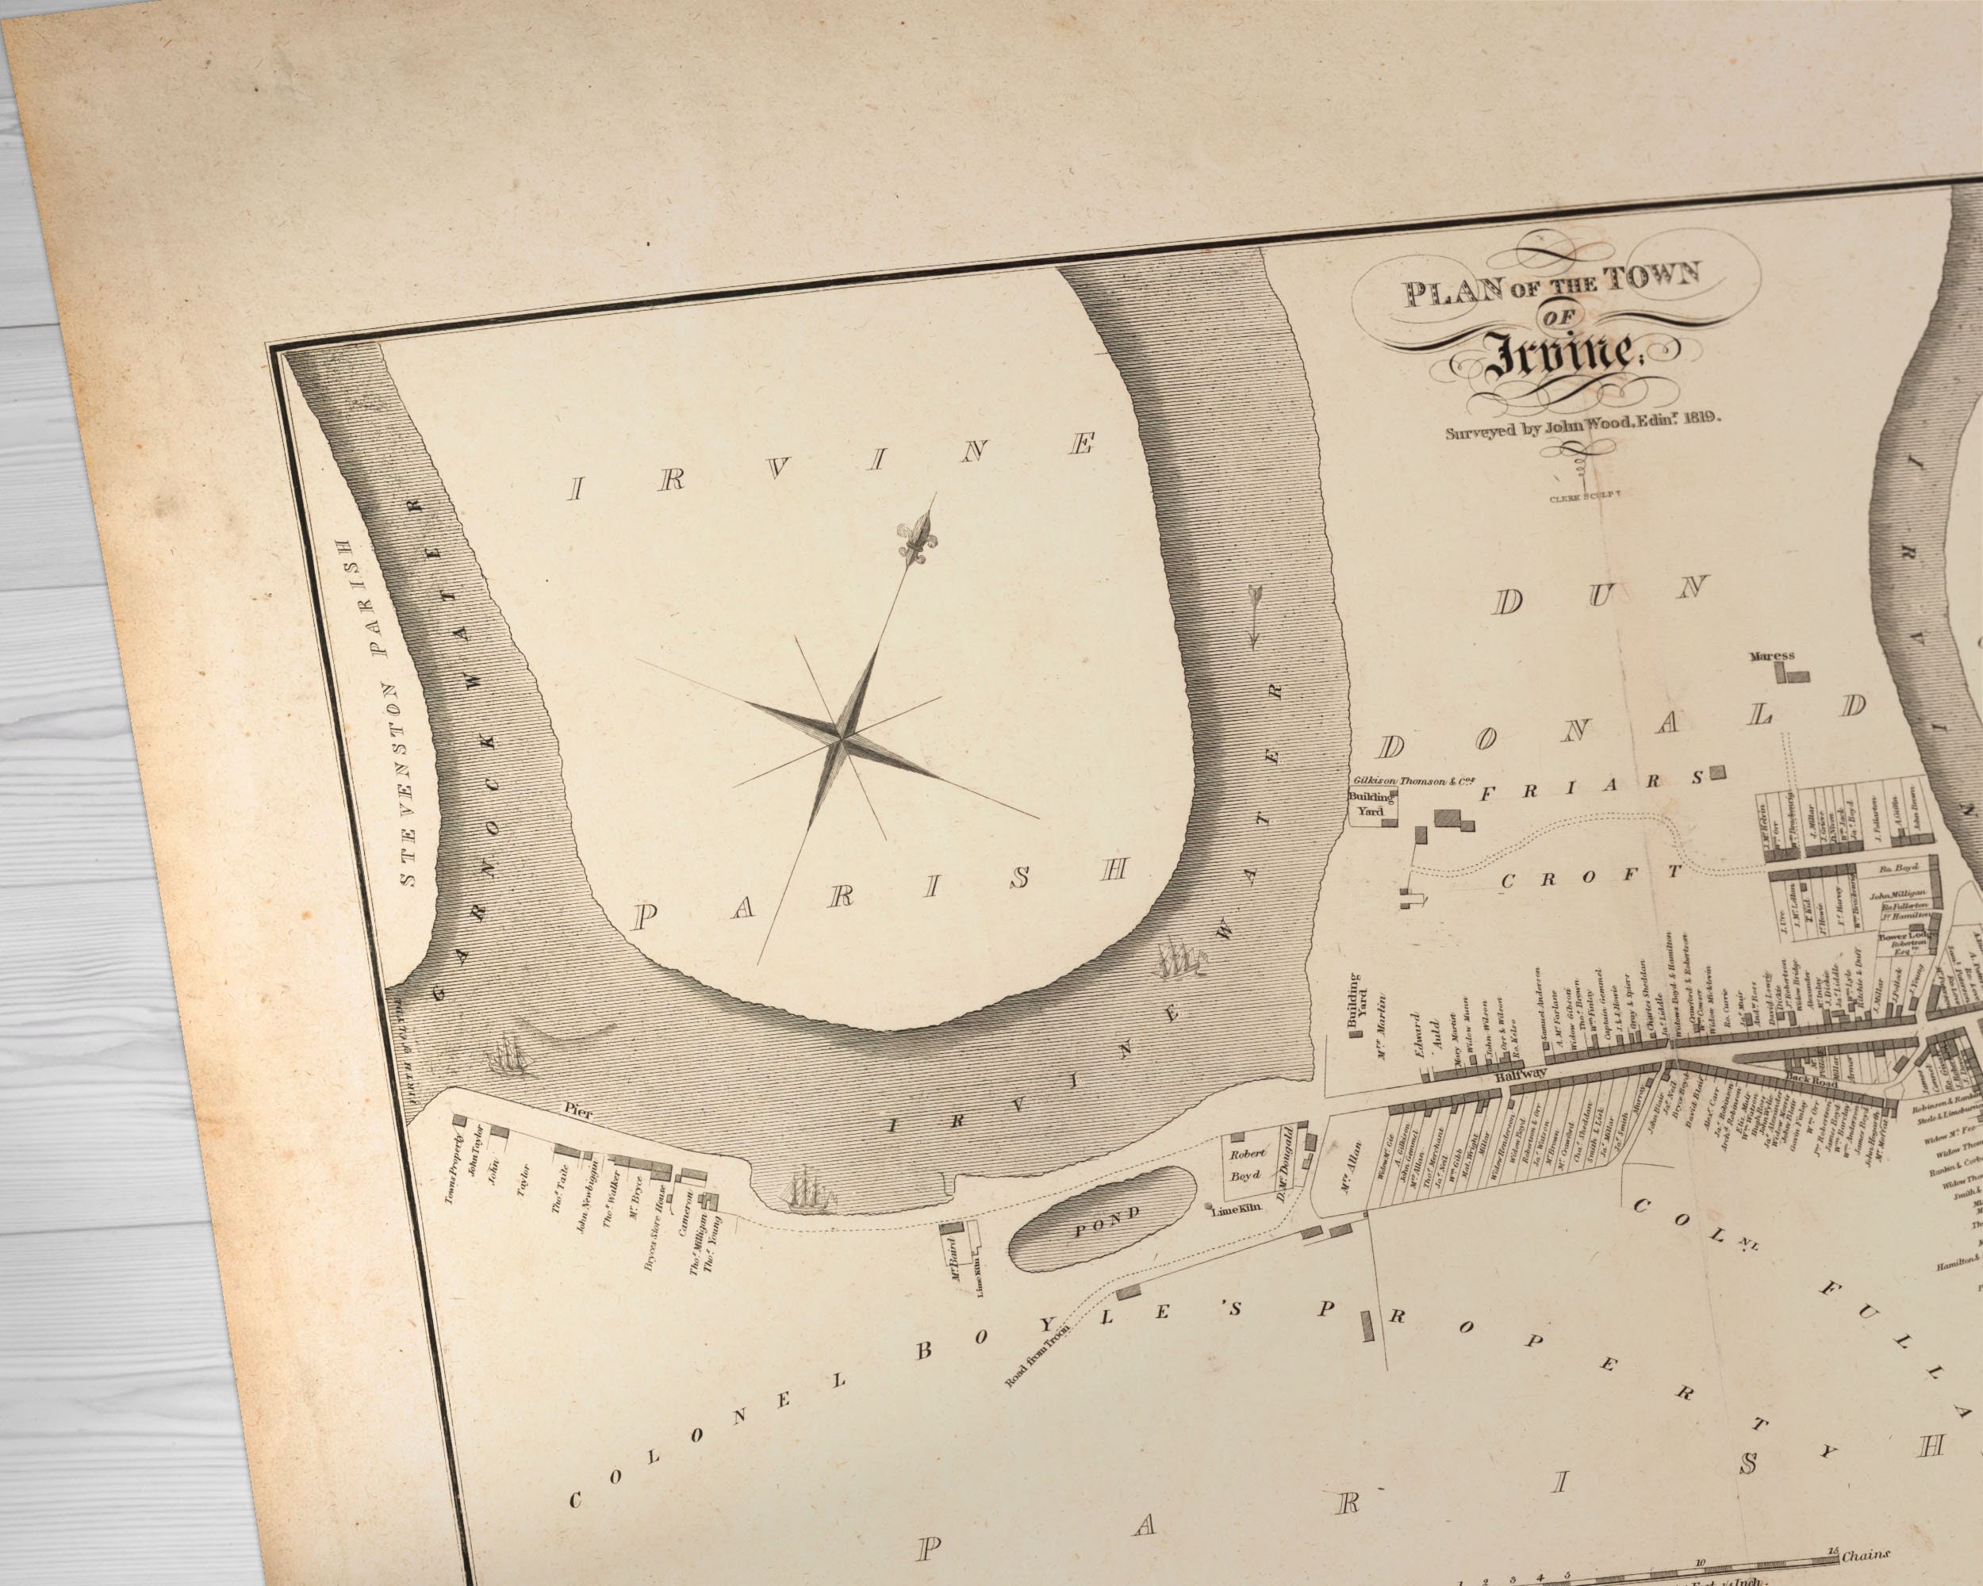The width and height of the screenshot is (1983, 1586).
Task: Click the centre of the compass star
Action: [x=839, y=736]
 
